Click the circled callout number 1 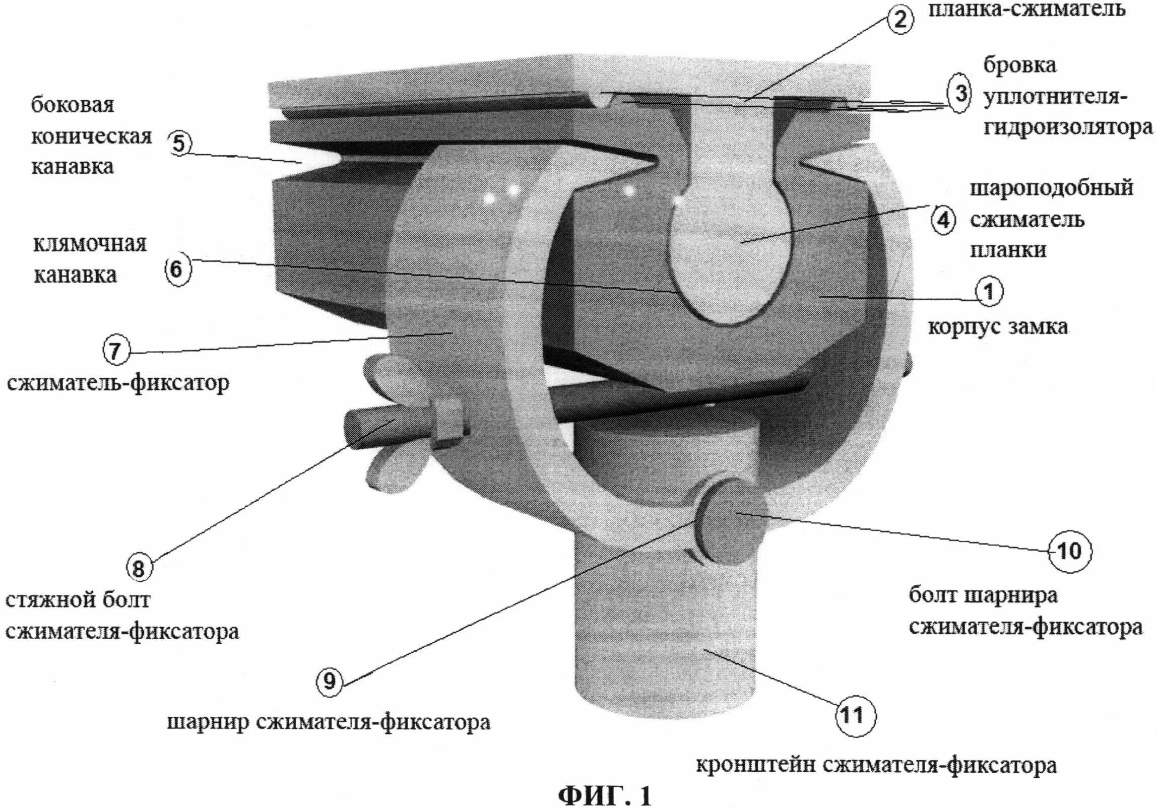click(988, 292)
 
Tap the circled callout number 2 click(900, 20)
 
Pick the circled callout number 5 click(179, 144)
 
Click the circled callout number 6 click(177, 270)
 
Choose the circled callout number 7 click(116, 350)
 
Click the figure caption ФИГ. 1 click(604, 795)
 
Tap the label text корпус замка click(998, 327)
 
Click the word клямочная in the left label click(90, 245)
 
